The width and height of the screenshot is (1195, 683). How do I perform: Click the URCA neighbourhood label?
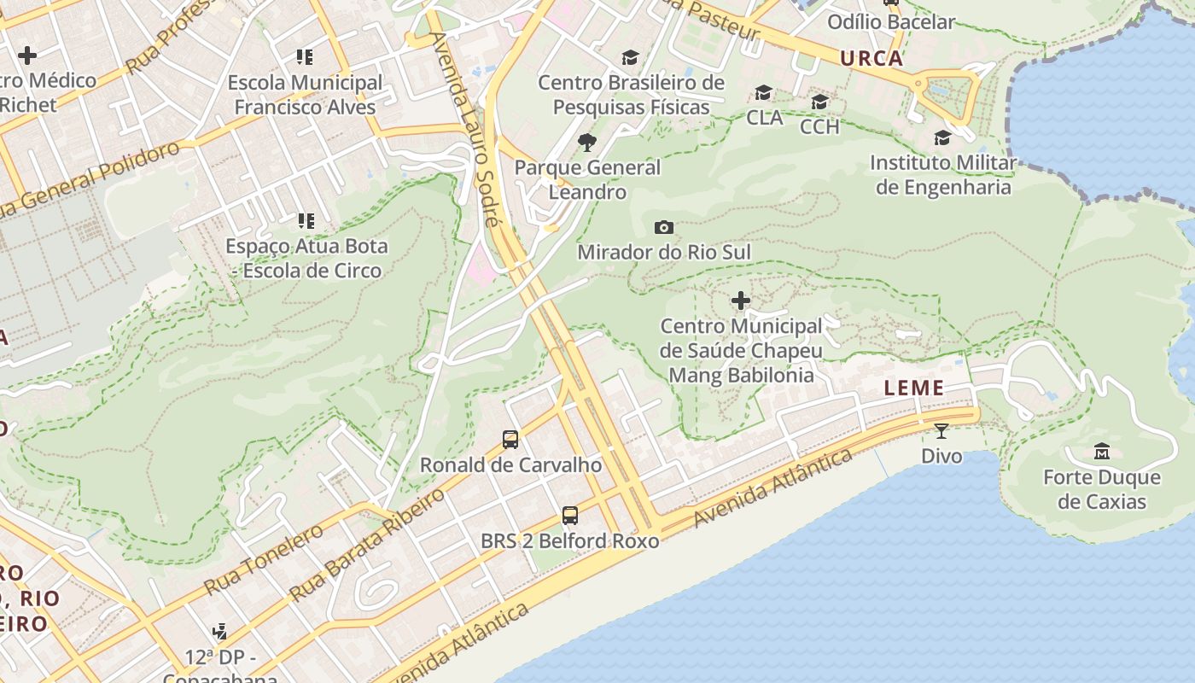click(x=871, y=58)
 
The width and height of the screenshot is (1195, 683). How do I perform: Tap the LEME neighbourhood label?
click(x=914, y=388)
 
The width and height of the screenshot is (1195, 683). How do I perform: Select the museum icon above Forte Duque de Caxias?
click(x=1102, y=451)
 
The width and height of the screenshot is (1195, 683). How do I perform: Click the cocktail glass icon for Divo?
click(x=941, y=431)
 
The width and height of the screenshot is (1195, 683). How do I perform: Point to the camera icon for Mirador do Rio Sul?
click(x=664, y=227)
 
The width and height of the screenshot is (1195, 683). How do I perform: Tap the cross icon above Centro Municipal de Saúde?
click(x=741, y=301)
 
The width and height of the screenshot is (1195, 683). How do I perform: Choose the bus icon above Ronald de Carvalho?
click(x=510, y=440)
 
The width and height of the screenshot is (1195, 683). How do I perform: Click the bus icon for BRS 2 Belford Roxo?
click(x=570, y=516)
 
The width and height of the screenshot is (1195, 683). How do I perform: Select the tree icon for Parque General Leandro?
click(x=587, y=142)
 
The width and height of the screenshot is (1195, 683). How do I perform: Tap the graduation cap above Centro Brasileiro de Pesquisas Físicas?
click(x=630, y=57)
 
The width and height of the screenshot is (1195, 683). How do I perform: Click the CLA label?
click(x=764, y=118)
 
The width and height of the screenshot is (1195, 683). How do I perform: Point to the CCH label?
click(x=819, y=126)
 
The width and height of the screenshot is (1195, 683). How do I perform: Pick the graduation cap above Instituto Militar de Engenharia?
click(x=942, y=137)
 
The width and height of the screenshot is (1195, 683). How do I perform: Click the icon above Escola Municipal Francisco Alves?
click(x=305, y=57)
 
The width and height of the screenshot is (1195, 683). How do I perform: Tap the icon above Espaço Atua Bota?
click(x=306, y=221)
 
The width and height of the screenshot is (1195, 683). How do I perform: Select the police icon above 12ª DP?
click(x=219, y=632)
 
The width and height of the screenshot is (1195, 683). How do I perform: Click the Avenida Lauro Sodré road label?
click(x=465, y=128)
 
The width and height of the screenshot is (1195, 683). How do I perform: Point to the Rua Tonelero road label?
click(x=264, y=559)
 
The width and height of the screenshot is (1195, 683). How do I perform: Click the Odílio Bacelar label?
click(x=891, y=21)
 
